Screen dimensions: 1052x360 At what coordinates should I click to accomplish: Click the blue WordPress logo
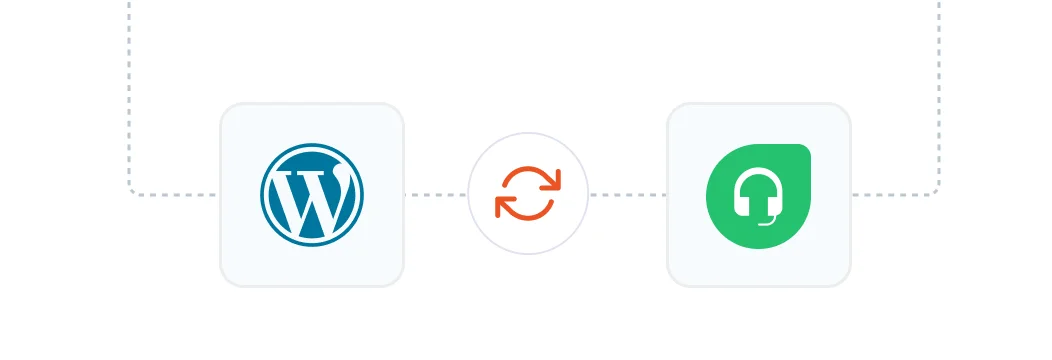(x=312, y=195)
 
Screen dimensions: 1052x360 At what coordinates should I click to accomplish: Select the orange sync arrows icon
(x=528, y=194)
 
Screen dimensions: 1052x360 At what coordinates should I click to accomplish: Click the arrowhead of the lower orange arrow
(x=503, y=207)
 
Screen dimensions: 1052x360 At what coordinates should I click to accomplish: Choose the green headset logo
(x=758, y=195)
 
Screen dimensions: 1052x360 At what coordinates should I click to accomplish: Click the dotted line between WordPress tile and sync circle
(x=436, y=195)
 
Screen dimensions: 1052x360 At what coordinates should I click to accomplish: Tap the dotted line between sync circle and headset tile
(x=628, y=195)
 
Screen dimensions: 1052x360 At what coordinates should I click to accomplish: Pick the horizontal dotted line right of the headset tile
(x=890, y=195)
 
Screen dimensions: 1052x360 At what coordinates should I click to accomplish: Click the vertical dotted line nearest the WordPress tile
(x=129, y=90)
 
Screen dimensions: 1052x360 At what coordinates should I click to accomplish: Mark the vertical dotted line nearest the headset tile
(x=939, y=90)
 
